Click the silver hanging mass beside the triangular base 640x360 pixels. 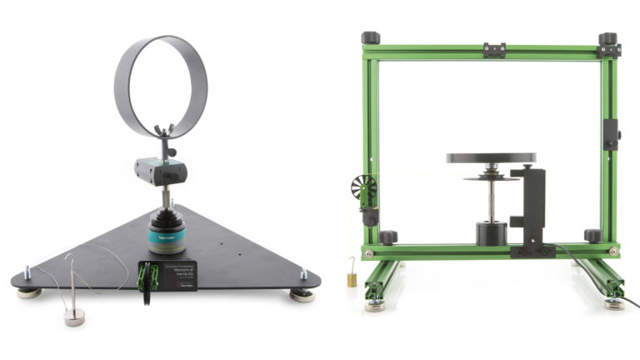(75, 317)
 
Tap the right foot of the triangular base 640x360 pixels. (302, 293)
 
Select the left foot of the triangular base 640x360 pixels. (29, 292)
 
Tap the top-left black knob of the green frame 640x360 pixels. (370, 37)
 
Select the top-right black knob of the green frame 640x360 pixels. (607, 38)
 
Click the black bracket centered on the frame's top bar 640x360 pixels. (494, 50)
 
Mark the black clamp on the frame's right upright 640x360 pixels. (612, 134)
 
